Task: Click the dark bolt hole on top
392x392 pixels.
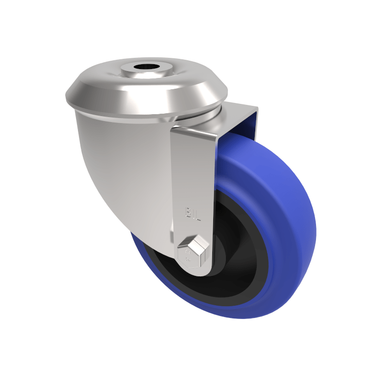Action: (x=147, y=67)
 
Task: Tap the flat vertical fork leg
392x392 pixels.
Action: (x=194, y=181)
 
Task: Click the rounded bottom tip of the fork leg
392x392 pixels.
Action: (x=196, y=272)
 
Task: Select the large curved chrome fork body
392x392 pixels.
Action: (x=127, y=167)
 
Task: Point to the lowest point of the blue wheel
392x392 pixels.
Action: (x=245, y=318)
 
